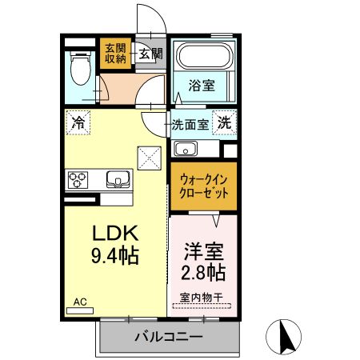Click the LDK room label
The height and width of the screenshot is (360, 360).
pos(116,234)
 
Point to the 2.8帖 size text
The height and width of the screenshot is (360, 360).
pos(202,272)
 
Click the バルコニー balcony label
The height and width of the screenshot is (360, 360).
pos(168,337)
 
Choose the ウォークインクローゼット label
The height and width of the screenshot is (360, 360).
pos(202,186)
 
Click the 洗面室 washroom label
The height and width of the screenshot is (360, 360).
pos(191,124)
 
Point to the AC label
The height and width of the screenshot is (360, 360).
pos(80,302)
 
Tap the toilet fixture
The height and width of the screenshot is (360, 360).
pos(79,70)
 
